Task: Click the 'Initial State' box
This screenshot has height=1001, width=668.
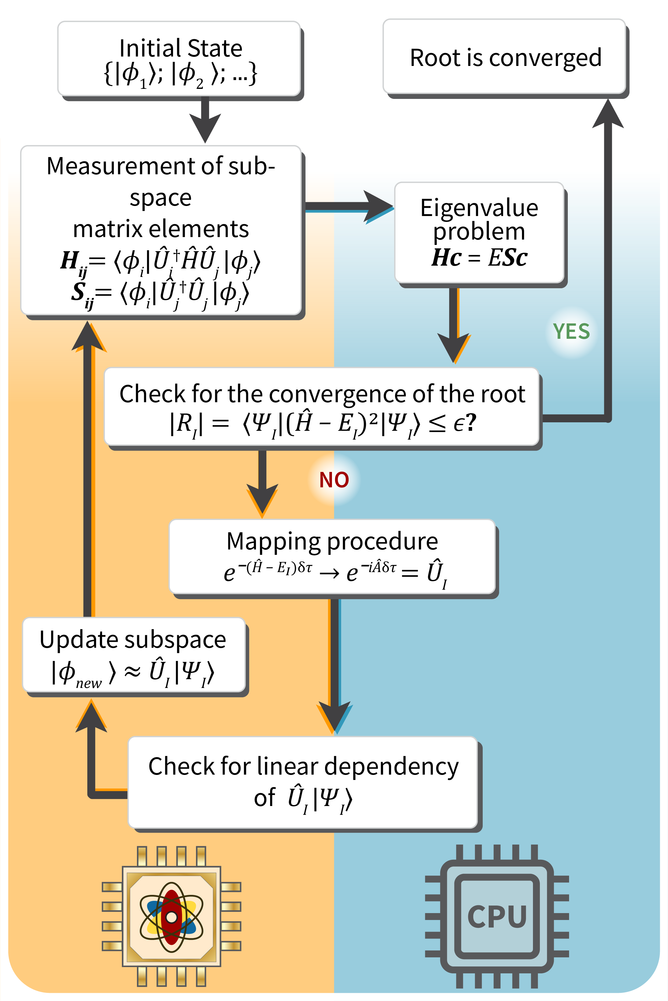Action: [x=179, y=59]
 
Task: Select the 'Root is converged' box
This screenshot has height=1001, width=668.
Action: [x=504, y=56]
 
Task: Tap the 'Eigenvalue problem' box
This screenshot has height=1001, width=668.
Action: [x=479, y=233]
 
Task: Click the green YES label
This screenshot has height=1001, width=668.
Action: [x=571, y=331]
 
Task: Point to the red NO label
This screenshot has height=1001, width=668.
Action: [x=334, y=480]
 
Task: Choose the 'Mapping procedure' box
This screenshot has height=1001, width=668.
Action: [x=332, y=556]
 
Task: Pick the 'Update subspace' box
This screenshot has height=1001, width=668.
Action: [x=134, y=655]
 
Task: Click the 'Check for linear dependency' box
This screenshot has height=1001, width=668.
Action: [x=303, y=782]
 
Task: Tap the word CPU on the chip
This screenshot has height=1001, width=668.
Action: [x=497, y=917]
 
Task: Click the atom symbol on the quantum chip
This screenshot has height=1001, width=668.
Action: [x=172, y=917]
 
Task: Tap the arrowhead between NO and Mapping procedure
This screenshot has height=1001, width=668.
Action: [x=263, y=500]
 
